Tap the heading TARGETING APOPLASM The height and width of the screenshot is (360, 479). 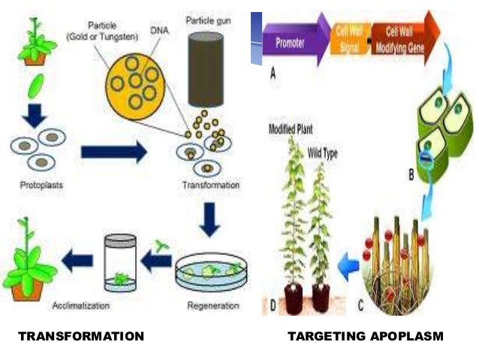[366, 336]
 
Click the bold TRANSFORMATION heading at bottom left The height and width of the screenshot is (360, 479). [80, 336]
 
